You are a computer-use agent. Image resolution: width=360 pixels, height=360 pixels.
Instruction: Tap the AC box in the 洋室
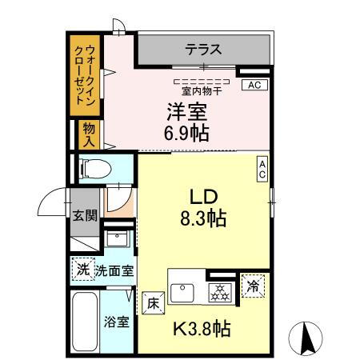click(254, 84)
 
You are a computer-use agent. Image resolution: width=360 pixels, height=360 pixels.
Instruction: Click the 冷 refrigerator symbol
click(253, 286)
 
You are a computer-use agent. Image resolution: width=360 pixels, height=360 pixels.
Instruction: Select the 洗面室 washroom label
click(114, 270)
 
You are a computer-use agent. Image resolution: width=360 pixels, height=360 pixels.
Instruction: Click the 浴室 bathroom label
click(116, 322)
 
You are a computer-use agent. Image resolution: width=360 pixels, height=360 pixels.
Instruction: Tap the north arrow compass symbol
click(305, 338)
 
